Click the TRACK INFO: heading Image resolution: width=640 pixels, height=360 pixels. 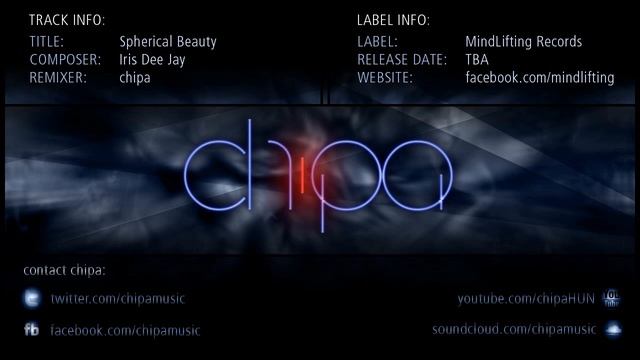point(66,20)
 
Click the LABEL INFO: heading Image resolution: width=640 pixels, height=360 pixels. point(394,20)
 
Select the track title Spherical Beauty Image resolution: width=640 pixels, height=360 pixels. point(168,42)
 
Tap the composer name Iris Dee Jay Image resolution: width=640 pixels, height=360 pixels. point(153,60)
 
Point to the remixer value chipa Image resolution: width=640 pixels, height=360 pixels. point(135,78)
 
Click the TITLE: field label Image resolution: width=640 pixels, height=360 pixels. point(46,42)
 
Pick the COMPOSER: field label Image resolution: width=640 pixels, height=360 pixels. point(62,60)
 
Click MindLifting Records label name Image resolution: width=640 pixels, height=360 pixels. point(524,42)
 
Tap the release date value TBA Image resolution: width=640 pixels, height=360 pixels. point(477,60)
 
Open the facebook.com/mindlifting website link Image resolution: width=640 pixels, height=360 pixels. point(540,78)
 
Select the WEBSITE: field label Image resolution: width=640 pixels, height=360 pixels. point(385,78)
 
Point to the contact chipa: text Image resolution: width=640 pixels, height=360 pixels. point(64,270)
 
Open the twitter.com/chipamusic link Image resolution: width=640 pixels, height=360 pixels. point(118,299)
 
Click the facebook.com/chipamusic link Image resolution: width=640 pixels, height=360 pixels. point(125,330)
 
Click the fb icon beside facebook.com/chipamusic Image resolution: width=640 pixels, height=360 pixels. point(32,330)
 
